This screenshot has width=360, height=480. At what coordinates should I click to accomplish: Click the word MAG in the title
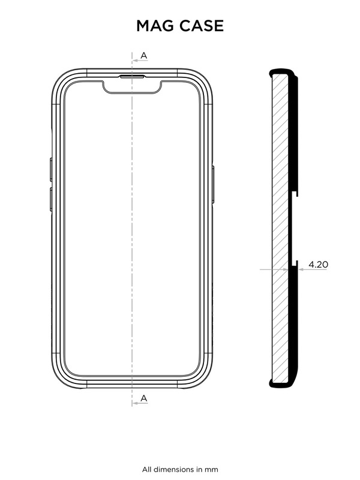pyautogui.click(x=155, y=26)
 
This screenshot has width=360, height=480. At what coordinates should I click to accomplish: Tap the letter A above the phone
pyautogui.click(x=144, y=56)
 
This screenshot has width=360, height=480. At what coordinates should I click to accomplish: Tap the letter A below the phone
pyautogui.click(x=144, y=398)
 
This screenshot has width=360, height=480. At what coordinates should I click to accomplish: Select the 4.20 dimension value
pyautogui.click(x=318, y=264)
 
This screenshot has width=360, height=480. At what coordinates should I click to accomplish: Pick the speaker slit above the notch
pyautogui.click(x=132, y=77)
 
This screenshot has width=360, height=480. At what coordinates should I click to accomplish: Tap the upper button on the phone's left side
pyautogui.click(x=51, y=169)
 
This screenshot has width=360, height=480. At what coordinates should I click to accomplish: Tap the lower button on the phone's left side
pyautogui.click(x=51, y=199)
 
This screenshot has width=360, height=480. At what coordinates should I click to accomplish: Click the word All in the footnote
pyautogui.click(x=148, y=469)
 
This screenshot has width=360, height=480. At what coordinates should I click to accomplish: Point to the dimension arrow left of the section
pyautogui.click(x=264, y=269)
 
